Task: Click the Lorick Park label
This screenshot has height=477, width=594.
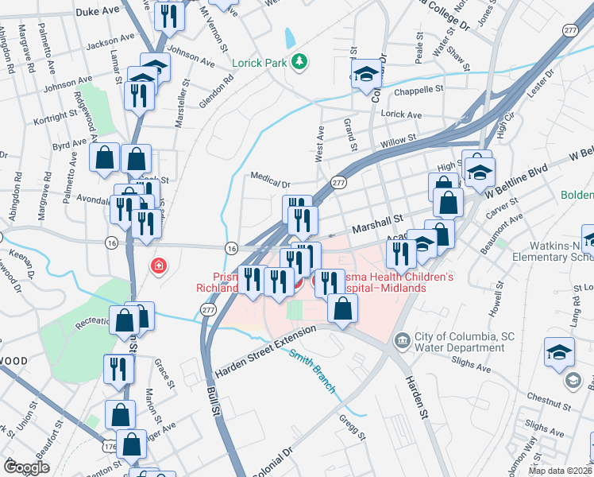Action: [258, 62]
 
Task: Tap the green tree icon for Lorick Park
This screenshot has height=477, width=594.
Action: [299, 61]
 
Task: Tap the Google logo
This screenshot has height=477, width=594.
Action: [25, 467]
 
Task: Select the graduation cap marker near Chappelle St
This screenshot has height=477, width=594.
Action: [366, 75]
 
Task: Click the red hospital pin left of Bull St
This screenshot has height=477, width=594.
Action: [160, 265]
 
